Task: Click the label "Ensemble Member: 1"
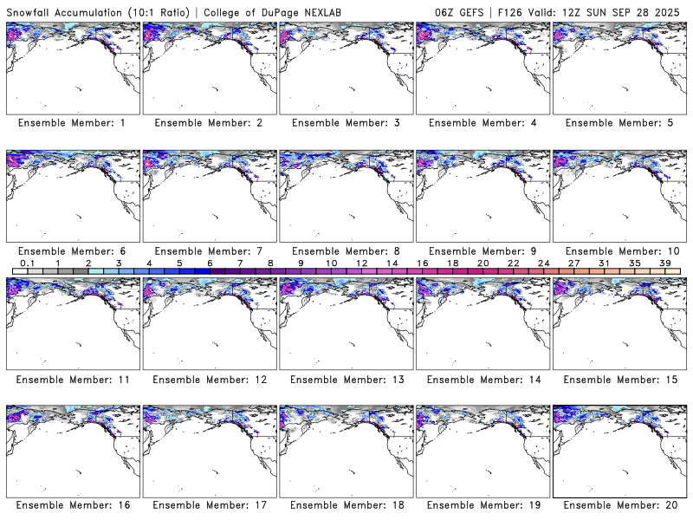(x=72, y=123)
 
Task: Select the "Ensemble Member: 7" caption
(x=209, y=251)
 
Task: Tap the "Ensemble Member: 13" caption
(x=346, y=380)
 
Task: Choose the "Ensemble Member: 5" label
(x=619, y=123)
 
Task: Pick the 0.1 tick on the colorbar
(x=28, y=263)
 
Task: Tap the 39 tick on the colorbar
(x=664, y=263)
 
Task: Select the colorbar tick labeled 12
(x=361, y=263)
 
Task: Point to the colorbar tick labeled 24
(x=543, y=263)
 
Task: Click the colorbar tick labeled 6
(x=210, y=263)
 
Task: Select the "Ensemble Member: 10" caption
(x=619, y=251)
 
